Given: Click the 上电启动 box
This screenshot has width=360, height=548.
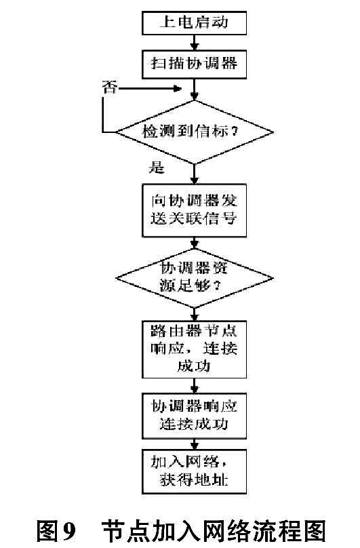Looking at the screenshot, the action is coord(195,23).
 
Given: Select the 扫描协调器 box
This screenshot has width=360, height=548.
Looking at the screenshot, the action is coord(195,64).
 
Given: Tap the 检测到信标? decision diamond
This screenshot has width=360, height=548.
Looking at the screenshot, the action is coord(195,132).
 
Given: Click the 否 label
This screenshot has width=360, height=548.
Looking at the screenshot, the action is coord(109,87).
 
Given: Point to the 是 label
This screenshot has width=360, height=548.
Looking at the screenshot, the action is coord(156,167).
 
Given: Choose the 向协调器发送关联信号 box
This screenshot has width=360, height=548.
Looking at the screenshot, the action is coord(195,211).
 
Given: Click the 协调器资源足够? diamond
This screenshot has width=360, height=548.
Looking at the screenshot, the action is coord(195,279).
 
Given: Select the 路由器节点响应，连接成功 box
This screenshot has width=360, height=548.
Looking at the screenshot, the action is coord(195,349).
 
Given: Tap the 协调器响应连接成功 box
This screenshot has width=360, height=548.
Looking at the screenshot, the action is coord(195,416).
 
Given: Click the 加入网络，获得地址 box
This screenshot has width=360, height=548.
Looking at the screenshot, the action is coord(195,471).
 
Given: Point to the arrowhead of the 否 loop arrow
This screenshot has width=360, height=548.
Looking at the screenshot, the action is coord(178,88).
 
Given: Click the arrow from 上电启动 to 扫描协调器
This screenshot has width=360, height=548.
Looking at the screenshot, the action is coord(195,43).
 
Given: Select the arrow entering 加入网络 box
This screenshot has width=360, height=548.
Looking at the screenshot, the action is coord(195,444).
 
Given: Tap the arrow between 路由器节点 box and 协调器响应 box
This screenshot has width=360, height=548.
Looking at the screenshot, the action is coord(195,386).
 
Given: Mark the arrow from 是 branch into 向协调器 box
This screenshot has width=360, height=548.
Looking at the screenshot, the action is coord(195,174).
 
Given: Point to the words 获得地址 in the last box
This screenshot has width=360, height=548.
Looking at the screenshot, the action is coord(195,480).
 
